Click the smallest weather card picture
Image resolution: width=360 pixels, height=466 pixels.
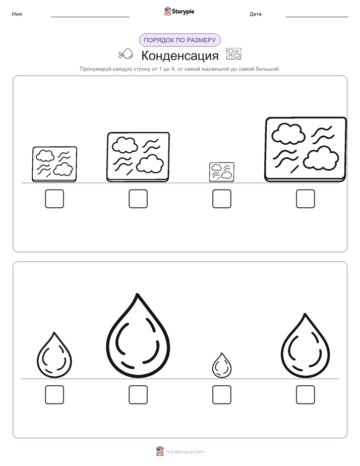click(221, 172)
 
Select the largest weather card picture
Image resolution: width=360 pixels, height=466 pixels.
click(306, 149)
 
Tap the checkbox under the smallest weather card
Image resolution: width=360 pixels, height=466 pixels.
click(221, 199)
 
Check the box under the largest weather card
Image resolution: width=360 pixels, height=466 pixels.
click(306, 199)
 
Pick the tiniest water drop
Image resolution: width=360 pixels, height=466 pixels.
click(221, 365)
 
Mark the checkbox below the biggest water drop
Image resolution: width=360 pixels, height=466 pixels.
click(138, 395)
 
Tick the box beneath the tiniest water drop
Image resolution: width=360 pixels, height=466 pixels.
click(221, 395)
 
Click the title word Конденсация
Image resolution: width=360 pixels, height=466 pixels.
click(179, 55)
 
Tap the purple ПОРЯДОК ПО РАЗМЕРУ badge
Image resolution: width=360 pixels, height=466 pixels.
click(179, 40)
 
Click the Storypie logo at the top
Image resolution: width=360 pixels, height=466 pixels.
click(179, 11)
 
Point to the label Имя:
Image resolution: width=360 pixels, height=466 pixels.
click(18, 14)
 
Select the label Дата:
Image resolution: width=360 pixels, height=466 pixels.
click(256, 14)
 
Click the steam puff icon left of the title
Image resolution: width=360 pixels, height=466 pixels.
click(126, 54)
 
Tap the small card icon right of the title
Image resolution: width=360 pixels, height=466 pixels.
click(234, 54)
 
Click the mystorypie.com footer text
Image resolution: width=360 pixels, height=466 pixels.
click(185, 452)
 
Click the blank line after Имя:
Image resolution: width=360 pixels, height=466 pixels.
click(90, 17)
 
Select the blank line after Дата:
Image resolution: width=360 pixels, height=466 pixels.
click(317, 17)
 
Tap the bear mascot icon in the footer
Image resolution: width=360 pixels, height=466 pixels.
click(160, 451)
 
